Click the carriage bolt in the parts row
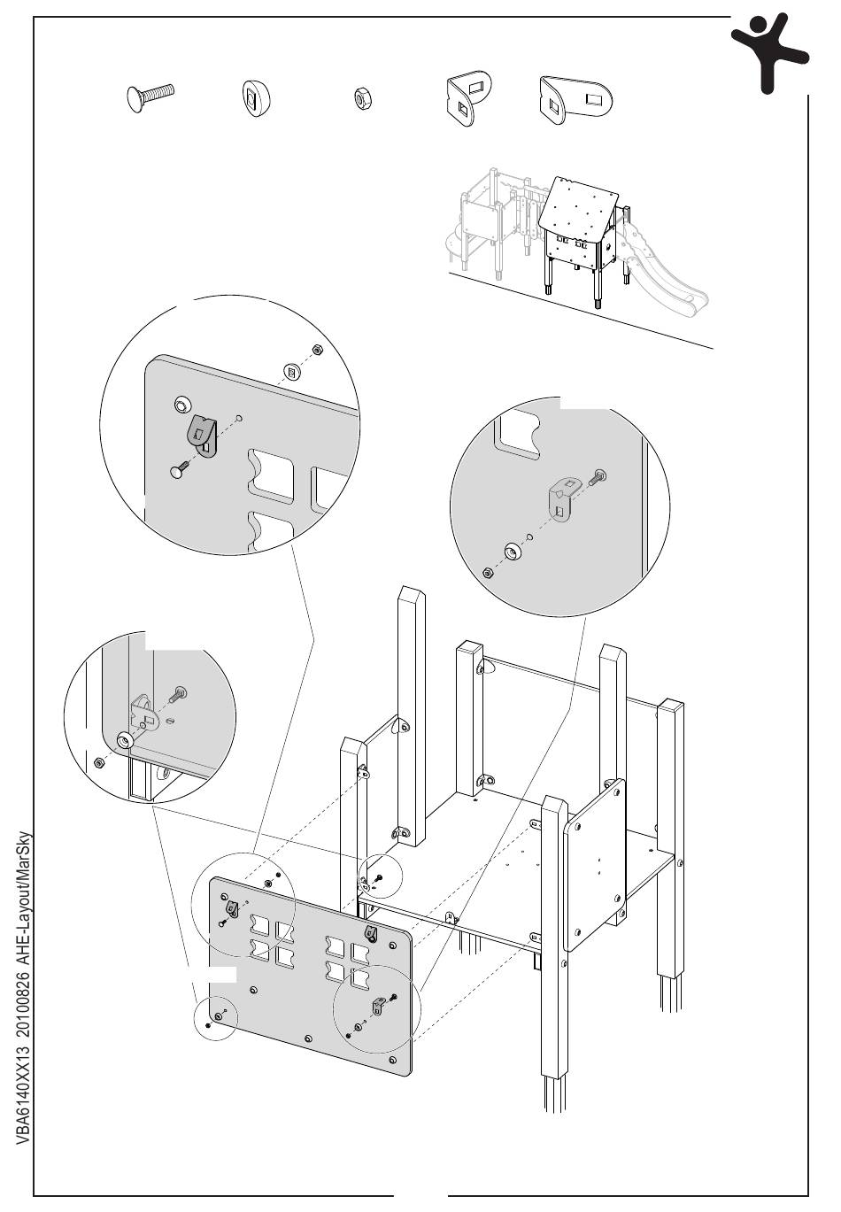[151, 96]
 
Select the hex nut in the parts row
[361, 99]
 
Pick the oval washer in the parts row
[254, 98]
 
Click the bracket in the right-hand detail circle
[563, 496]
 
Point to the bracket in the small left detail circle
[143, 711]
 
